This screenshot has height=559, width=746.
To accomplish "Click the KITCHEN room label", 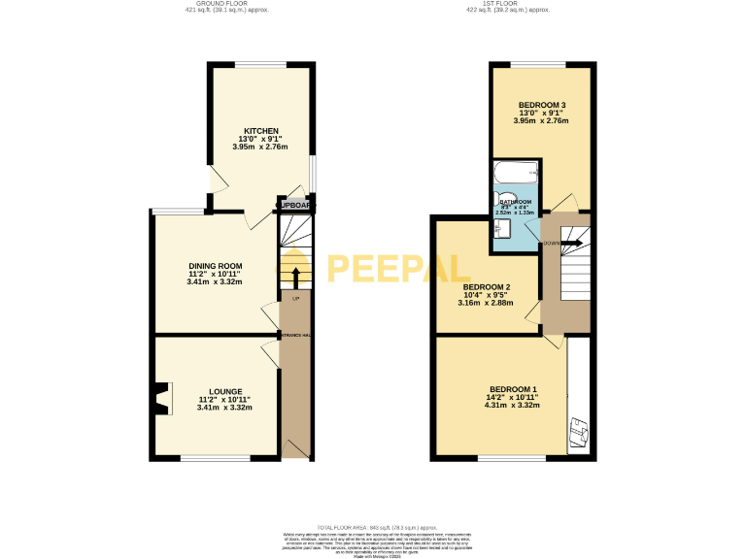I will pos(261,130).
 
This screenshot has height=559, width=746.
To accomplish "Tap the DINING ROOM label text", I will pos(215,265).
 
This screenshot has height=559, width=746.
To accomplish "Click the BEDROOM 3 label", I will pos(542,104).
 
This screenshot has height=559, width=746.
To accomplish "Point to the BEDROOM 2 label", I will pos(487,287).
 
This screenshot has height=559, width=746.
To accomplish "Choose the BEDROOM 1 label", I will pos(513,389).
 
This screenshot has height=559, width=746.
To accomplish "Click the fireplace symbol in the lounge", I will pos(158,398).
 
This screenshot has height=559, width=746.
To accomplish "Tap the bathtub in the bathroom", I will pos(516,174).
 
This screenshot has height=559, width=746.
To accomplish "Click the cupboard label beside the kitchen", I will pos(294,206).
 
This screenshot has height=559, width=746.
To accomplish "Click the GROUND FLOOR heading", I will pos(224,4).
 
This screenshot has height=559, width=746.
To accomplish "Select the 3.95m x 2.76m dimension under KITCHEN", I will pos(261,148).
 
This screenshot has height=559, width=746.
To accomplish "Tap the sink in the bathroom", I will pos(501,229).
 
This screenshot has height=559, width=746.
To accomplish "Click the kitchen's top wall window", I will pos(259,65).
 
